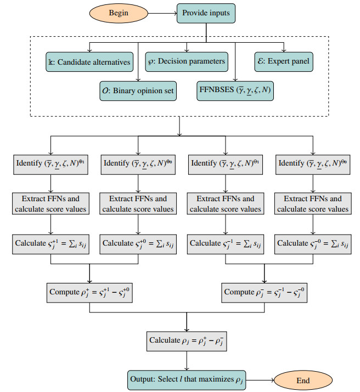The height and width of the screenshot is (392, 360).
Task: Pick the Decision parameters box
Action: point(187,61)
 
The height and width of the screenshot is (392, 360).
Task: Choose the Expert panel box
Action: point(284,61)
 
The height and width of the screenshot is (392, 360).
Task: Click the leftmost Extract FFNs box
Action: point(51,203)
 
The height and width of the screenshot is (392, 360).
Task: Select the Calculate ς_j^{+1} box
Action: point(51,243)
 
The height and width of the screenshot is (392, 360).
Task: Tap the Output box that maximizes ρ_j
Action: point(187,379)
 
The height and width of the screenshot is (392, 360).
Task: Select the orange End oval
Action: point(303,379)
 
